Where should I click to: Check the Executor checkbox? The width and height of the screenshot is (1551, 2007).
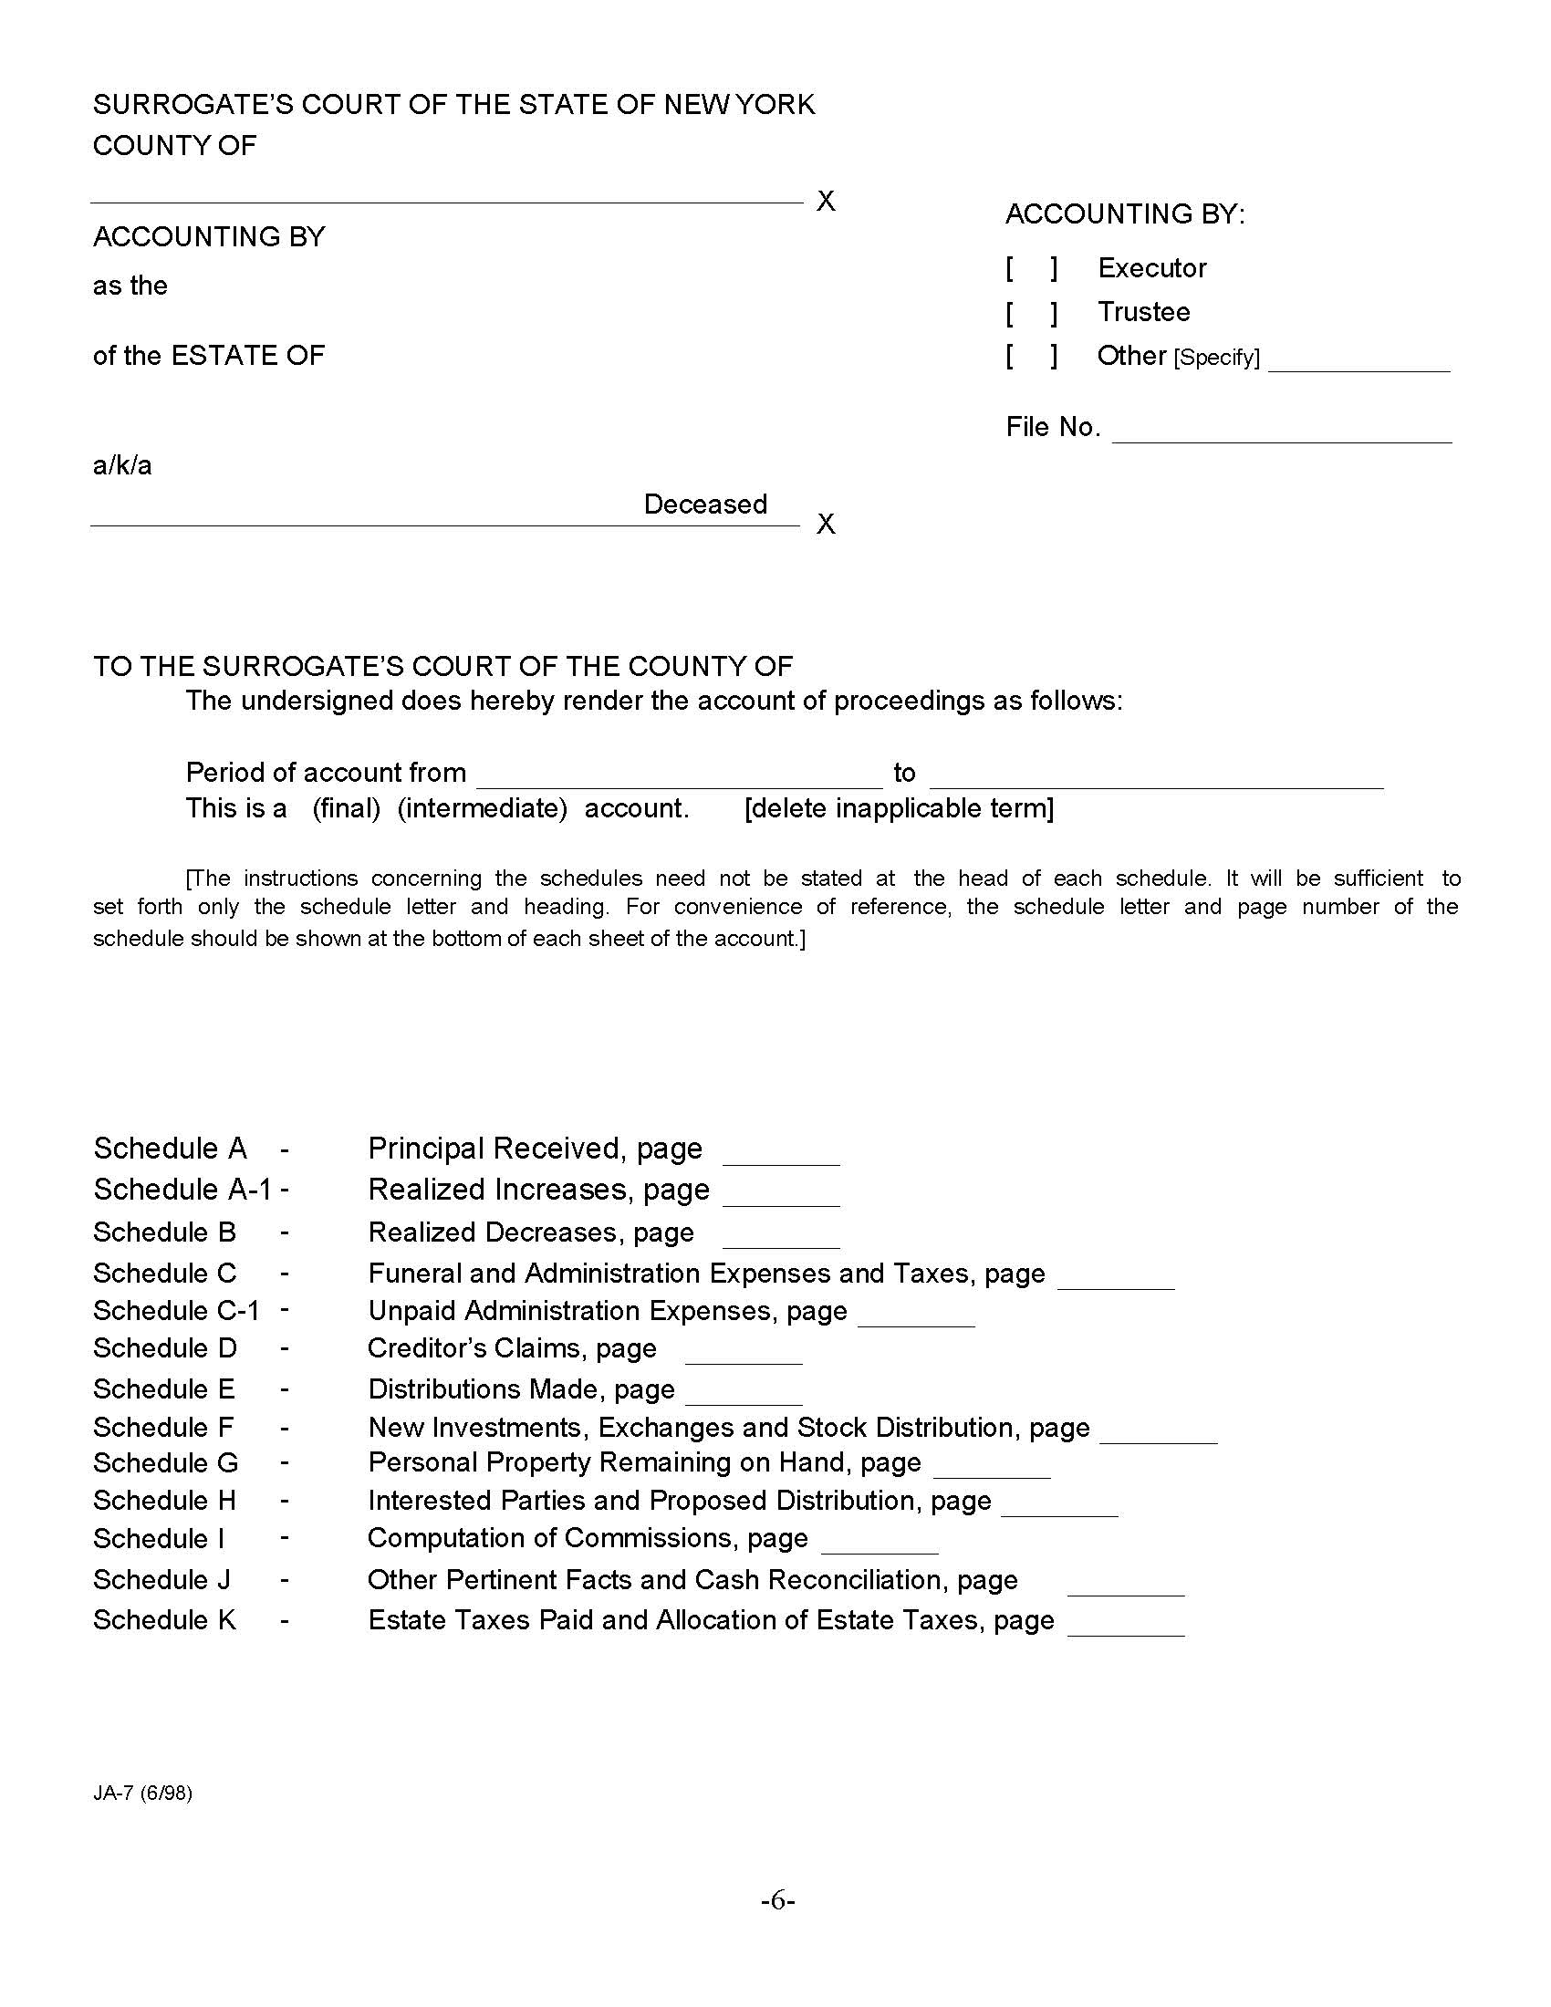pos(1031,268)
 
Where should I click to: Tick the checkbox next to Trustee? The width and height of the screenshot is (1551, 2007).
pos(1031,312)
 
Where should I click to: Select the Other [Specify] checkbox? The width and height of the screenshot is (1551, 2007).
pos(1031,356)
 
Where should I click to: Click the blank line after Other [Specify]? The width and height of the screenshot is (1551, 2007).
pos(1358,361)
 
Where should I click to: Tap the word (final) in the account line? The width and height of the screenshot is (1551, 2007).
pos(347,808)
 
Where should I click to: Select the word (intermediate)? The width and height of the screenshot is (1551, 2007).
pos(483,808)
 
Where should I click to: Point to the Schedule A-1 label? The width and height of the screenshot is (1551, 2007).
pos(182,1190)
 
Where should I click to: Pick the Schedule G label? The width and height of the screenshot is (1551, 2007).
pos(165,1463)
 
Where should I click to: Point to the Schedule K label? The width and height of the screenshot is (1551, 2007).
pos(164,1620)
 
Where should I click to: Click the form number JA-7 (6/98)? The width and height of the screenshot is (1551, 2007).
pos(142,1794)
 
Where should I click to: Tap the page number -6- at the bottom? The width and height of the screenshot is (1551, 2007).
pos(777,1900)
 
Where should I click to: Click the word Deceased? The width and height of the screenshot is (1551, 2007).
pos(704,504)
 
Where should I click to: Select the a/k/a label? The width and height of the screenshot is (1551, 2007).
pos(122,466)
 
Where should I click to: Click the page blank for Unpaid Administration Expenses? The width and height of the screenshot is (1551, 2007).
pos(916,1315)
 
